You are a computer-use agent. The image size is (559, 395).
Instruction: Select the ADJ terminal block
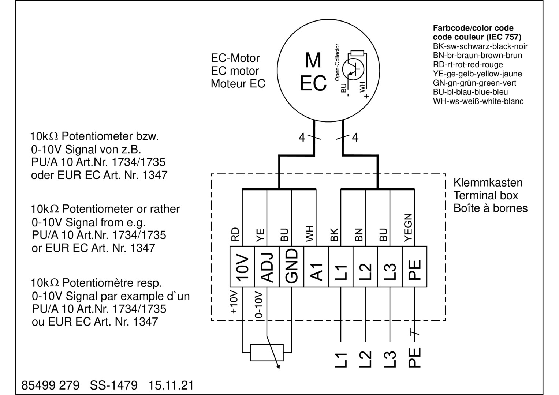click(267, 267)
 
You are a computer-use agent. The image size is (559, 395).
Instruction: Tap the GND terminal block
click(291, 267)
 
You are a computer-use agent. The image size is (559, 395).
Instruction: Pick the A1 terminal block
click(316, 267)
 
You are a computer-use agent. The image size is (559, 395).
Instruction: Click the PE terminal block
click(414, 267)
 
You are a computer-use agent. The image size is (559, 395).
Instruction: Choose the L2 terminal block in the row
click(365, 267)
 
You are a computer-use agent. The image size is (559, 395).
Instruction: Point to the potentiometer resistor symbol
click(267, 352)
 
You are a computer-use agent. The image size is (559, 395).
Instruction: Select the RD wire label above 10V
click(235, 234)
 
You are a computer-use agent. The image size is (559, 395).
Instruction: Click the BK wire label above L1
click(334, 235)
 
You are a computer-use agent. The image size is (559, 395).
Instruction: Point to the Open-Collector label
click(337, 62)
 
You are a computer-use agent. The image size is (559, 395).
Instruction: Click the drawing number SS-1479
click(114, 385)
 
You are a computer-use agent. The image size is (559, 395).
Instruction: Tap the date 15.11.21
click(171, 385)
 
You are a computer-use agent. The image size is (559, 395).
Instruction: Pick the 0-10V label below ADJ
click(259, 305)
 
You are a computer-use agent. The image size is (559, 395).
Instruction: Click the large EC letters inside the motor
click(313, 84)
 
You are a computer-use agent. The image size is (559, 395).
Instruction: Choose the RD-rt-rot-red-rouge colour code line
click(467, 65)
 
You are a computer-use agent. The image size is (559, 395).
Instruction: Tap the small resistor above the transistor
click(357, 53)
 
